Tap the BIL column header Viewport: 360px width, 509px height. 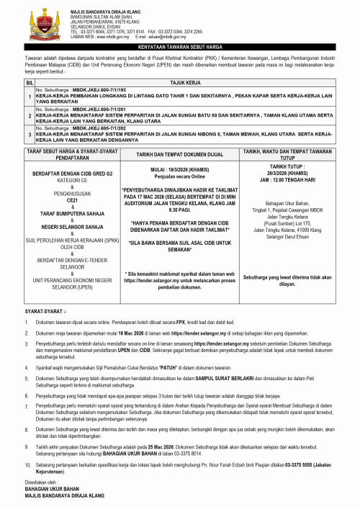(30, 84)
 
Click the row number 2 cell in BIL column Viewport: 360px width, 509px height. (30, 112)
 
